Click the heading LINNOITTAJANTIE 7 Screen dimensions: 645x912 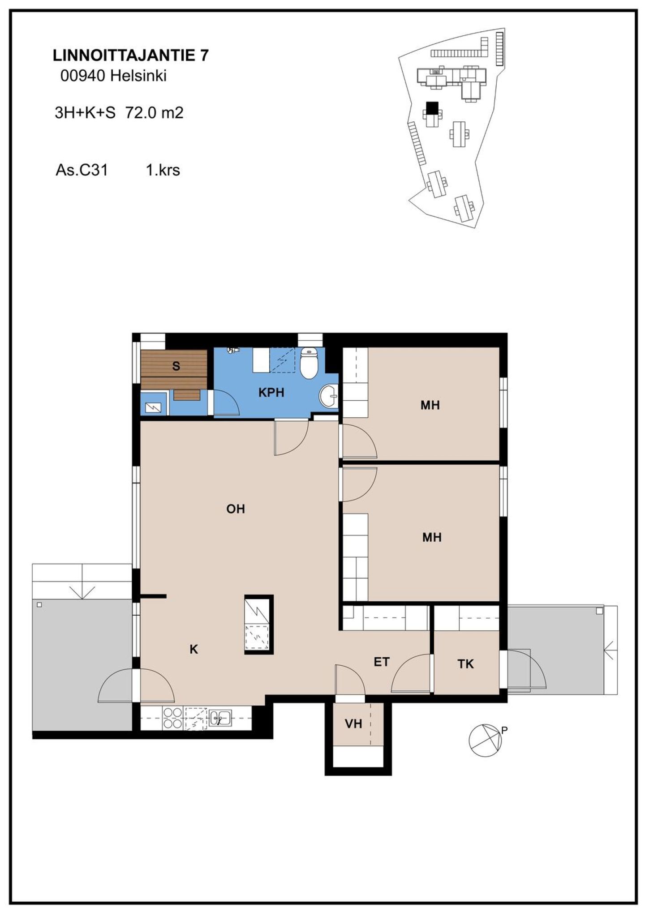click(x=131, y=56)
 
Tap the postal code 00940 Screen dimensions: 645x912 click(x=83, y=76)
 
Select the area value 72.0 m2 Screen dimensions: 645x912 click(x=155, y=112)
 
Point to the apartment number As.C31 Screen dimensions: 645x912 click(x=82, y=170)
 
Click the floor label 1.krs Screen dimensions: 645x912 click(x=163, y=170)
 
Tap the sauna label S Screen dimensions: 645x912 click(x=176, y=366)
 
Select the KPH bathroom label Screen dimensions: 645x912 click(x=271, y=393)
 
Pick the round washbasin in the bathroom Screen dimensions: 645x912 click(x=329, y=396)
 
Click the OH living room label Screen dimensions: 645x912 click(x=236, y=509)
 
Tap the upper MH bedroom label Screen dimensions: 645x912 click(x=430, y=405)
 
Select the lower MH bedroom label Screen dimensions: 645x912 click(x=432, y=537)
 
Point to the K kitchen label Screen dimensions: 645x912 click(x=194, y=649)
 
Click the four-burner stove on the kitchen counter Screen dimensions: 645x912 click(x=173, y=718)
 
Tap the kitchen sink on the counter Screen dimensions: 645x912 click(x=220, y=718)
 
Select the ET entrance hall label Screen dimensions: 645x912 click(x=382, y=662)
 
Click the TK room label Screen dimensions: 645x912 click(x=466, y=664)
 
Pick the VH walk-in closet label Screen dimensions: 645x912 click(x=353, y=724)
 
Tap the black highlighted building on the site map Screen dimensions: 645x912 click(x=432, y=108)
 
